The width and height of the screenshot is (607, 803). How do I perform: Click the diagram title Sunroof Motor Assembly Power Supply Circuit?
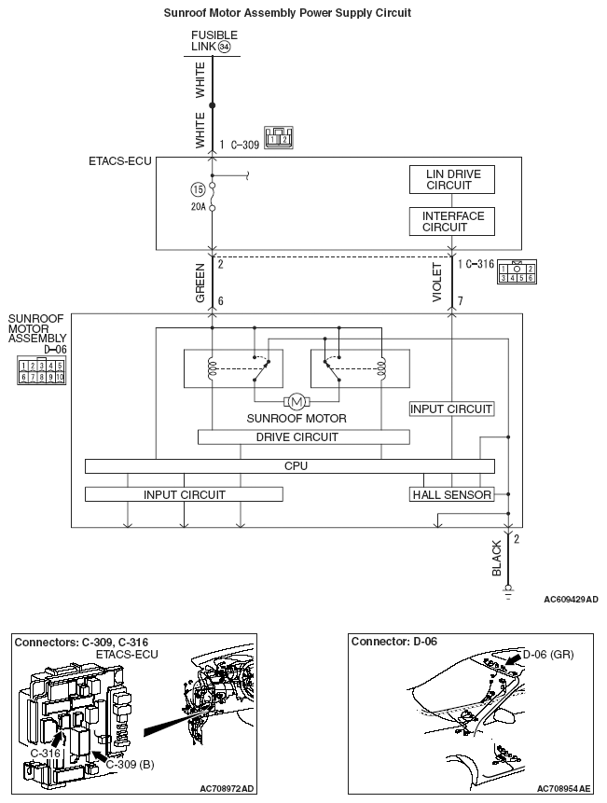tap(287, 13)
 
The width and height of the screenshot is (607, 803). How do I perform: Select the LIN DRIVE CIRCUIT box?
tap(451, 180)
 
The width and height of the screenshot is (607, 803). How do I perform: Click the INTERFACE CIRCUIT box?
tap(451, 221)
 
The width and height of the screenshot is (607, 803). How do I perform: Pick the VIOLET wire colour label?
tap(437, 282)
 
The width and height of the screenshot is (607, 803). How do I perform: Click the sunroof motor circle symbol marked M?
tap(296, 402)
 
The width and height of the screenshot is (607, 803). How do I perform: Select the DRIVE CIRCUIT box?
tap(303, 436)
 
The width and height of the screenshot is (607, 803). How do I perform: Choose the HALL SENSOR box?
tap(451, 494)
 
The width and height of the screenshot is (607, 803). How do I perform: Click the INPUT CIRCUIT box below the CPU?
tap(183, 494)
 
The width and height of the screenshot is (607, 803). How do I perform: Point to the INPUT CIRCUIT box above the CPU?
tap(451, 408)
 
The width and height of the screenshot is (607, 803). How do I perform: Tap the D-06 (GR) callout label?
tap(548, 655)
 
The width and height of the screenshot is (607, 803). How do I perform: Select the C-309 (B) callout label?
tap(130, 764)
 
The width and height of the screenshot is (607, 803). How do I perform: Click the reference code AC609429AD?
tap(571, 600)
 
